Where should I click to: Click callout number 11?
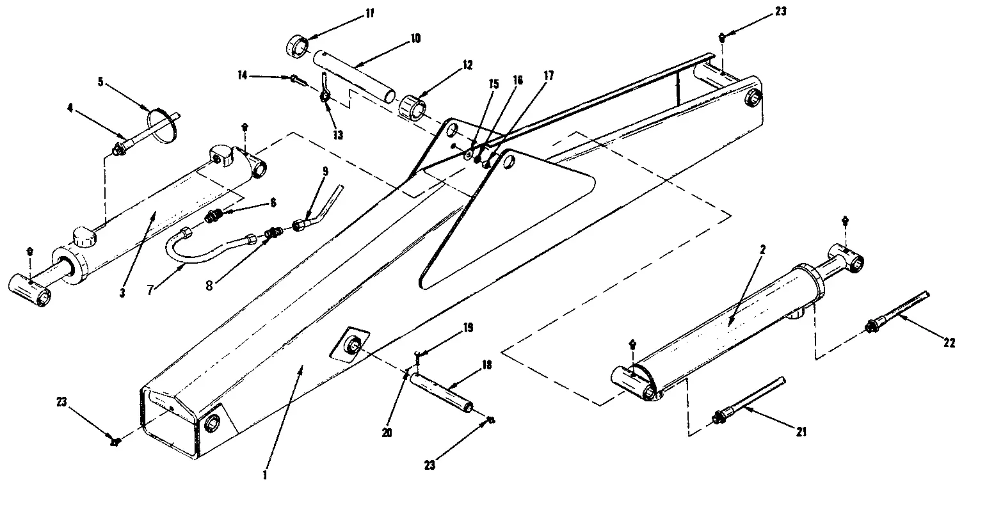[x=352, y=13]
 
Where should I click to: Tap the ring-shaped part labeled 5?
[x=163, y=127]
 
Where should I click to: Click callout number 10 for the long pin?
[x=415, y=38]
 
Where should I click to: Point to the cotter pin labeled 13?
[x=325, y=95]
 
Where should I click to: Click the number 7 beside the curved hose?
[x=150, y=290]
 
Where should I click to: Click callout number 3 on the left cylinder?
[x=121, y=293]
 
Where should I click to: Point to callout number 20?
[x=387, y=433]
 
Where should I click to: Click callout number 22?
[x=949, y=342]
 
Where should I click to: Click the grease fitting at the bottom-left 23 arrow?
[x=115, y=441]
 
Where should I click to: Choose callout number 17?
[x=548, y=76]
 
